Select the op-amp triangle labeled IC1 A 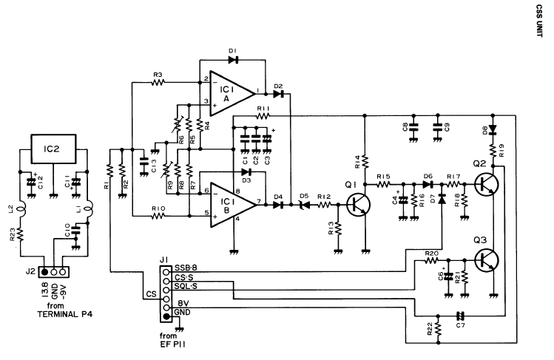(229, 92)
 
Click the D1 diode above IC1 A (232, 58)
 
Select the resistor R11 (262, 116)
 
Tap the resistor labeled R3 (158, 83)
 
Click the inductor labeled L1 (87, 213)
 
